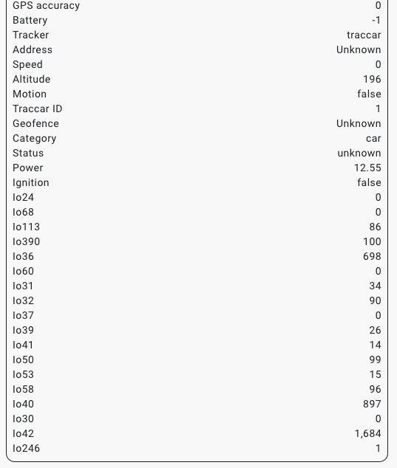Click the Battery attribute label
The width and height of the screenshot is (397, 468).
click(30, 20)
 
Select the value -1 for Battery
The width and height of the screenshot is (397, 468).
click(376, 20)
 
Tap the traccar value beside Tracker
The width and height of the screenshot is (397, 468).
click(364, 35)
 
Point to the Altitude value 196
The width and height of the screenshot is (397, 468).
click(372, 79)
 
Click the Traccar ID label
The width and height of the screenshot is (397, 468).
click(37, 109)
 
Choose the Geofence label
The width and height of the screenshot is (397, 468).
click(35, 123)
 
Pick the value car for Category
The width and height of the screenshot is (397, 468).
click(373, 138)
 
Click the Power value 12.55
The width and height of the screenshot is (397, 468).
click(367, 168)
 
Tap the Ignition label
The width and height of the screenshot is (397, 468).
click(31, 182)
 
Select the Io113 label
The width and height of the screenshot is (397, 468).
click(26, 227)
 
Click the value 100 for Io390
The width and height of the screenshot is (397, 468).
click(372, 241)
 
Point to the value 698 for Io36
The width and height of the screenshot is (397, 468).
click(372, 256)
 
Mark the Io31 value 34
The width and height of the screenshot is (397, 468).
click(375, 286)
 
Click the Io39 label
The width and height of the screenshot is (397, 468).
click(23, 330)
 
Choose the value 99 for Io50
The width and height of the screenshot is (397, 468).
click(375, 359)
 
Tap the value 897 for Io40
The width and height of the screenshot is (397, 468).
click(372, 404)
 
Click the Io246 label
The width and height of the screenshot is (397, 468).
click(26, 448)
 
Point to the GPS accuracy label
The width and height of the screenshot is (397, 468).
click(46, 5)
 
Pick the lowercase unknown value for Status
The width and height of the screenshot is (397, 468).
click(359, 153)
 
